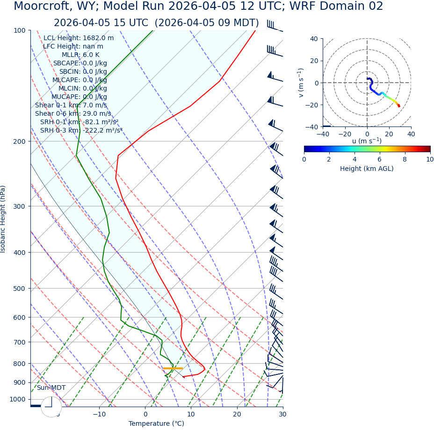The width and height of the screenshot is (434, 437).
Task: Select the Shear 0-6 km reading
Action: coord(73,113)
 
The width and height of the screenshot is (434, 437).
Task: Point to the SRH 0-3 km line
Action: coord(81,130)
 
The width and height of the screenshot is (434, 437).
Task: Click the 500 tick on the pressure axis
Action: coord(20,289)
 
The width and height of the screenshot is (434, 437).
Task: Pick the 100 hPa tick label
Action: coord(20,30)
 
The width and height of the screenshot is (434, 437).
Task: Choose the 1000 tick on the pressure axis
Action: coord(18,399)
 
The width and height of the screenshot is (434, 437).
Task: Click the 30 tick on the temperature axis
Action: coord(282,414)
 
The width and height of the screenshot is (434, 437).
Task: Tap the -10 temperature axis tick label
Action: coord(99,414)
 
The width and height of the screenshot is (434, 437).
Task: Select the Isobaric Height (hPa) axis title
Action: coord(3,219)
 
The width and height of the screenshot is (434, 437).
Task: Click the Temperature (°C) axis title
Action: coord(156,423)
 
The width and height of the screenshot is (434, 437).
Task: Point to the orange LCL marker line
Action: coord(173,368)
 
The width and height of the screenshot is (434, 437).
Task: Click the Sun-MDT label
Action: coord(51,388)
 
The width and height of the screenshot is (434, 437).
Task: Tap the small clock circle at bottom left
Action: coord(51,407)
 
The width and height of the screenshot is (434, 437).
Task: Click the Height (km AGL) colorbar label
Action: coord(367,169)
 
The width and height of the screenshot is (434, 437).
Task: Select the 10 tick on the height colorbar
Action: coord(429,159)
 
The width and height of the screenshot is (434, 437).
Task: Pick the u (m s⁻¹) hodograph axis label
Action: coord(367,141)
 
